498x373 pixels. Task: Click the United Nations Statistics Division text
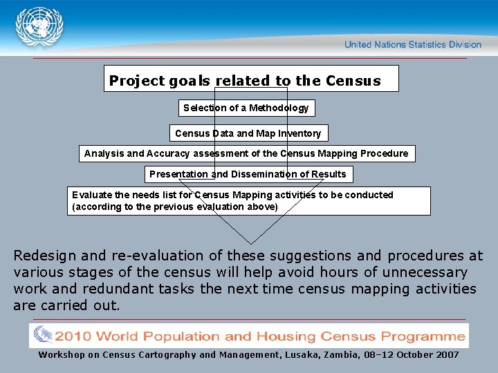click(x=412, y=45)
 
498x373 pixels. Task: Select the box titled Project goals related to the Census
click(x=251, y=79)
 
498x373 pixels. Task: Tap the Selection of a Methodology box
click(x=246, y=108)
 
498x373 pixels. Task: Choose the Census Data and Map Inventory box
click(x=248, y=133)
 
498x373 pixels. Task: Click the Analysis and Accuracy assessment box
click(x=246, y=153)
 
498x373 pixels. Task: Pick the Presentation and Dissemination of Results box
click(x=248, y=174)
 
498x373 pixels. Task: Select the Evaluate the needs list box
click(x=248, y=201)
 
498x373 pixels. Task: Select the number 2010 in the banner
click(x=72, y=337)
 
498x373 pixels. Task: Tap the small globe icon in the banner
click(x=43, y=335)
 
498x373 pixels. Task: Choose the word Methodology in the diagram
click(x=279, y=108)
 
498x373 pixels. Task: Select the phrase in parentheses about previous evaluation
click(x=175, y=207)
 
